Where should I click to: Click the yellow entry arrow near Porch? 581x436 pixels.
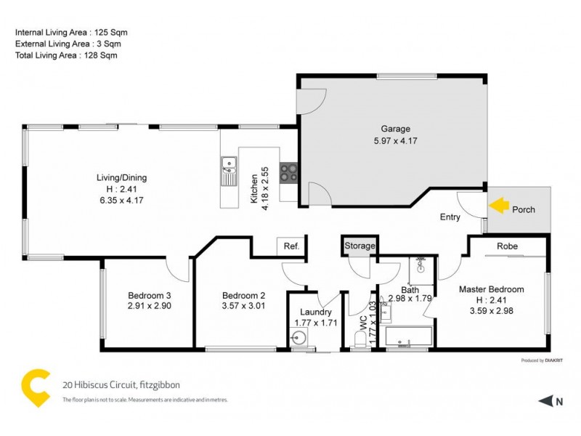(497, 206)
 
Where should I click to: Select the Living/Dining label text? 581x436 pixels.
(122, 177)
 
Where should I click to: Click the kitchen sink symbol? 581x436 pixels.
(229, 171)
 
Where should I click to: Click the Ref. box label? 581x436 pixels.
(291, 246)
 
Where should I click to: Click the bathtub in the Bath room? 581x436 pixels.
(408, 337)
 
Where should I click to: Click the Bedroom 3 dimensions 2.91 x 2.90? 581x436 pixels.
(149, 306)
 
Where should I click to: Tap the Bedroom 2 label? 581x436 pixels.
(244, 295)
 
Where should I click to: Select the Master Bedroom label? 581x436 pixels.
(491, 289)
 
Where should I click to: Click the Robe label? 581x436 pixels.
(507, 246)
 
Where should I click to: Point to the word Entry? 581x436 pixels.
(450, 217)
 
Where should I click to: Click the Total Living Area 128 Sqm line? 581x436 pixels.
(66, 54)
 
